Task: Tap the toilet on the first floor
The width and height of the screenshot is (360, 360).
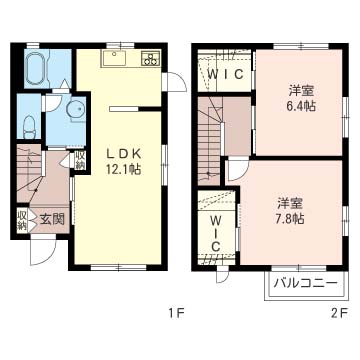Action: pyautogui.click(x=30, y=127)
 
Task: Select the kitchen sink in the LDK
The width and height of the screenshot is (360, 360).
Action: pyautogui.click(x=115, y=59)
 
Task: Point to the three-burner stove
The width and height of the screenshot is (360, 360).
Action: pyautogui.click(x=151, y=58)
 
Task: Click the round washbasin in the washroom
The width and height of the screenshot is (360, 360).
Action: pyautogui.click(x=76, y=109)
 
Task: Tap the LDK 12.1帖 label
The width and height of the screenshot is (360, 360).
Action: pyautogui.click(x=124, y=162)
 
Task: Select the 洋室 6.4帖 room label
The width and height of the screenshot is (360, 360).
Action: pyautogui.click(x=302, y=98)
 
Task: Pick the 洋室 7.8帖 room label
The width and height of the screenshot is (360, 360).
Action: pyautogui.click(x=290, y=211)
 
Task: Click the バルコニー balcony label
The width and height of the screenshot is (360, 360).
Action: pyautogui.click(x=305, y=284)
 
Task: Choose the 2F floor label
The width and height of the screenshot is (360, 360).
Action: pyautogui.click(x=340, y=313)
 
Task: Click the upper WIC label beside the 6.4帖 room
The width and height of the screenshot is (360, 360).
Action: pyautogui.click(x=225, y=75)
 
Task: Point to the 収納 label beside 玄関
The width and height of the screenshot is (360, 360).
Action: pyautogui.click(x=23, y=219)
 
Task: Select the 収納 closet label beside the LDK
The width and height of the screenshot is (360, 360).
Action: pyautogui.click(x=80, y=160)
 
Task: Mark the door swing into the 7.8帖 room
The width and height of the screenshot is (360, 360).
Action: pyautogui.click(x=238, y=170)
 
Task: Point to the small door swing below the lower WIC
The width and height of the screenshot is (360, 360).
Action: pyautogui.click(x=222, y=276)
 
